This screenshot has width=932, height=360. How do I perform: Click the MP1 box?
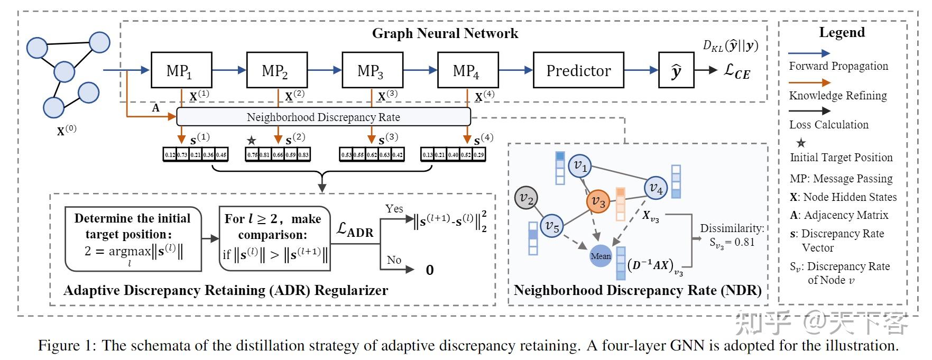(x=181, y=70)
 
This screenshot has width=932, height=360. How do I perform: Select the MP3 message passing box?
(x=372, y=70)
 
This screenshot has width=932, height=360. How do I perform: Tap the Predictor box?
(x=578, y=70)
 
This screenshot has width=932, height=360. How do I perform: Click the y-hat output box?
(x=676, y=70)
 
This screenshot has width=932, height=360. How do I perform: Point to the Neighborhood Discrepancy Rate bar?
(x=323, y=117)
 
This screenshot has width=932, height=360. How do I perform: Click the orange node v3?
(x=598, y=201)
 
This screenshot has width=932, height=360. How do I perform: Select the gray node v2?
(x=526, y=198)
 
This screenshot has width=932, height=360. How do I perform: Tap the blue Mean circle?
(x=601, y=256)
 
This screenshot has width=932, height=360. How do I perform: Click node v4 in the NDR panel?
(x=656, y=188)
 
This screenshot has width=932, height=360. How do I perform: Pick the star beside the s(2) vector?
(x=252, y=141)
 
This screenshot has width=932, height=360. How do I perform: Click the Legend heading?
(x=842, y=32)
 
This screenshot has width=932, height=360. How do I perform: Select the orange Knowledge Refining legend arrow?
(x=809, y=82)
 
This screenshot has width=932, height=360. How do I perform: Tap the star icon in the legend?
(x=801, y=143)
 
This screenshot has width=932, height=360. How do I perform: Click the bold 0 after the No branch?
(x=430, y=270)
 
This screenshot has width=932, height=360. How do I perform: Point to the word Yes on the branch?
(x=394, y=209)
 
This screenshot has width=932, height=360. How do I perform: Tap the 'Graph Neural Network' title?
(x=445, y=33)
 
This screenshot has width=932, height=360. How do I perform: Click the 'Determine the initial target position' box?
(x=133, y=238)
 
